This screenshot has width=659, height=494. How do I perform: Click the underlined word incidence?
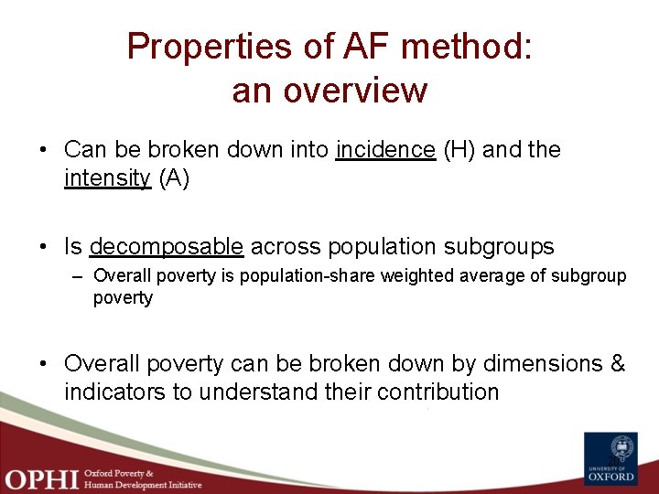coord(385,150)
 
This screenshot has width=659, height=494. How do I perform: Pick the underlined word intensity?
coord(107,177)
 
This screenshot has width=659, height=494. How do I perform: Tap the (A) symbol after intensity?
coord(174,177)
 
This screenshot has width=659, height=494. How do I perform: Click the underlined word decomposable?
coord(167,246)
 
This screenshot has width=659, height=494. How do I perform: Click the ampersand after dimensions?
coord(617,363)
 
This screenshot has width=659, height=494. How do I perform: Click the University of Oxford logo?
coord(610,456)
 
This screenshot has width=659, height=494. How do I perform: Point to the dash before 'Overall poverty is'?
coord(80,276)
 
